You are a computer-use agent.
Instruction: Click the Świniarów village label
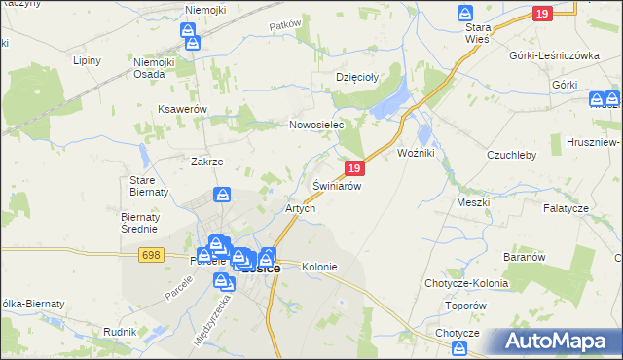pos(338,185)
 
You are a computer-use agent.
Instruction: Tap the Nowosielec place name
pos(317,126)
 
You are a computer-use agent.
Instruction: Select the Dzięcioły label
pos(356,76)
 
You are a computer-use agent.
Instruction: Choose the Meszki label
pos(472,202)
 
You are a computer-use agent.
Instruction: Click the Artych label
pos(299,209)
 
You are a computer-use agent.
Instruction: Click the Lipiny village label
pos(88,60)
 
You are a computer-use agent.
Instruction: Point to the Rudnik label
pos(119,332)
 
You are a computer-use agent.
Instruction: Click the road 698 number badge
pos(150,254)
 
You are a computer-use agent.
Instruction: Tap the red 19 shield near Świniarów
pos(355,168)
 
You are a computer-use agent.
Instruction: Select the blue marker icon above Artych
pos(223,195)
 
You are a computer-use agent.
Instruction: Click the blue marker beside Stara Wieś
pos(465,13)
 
